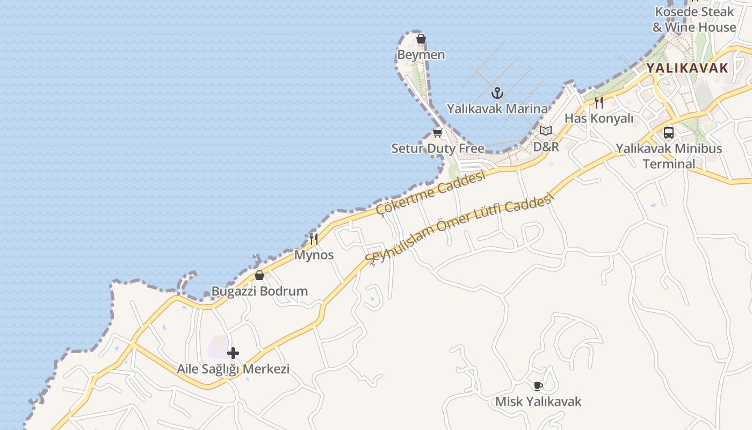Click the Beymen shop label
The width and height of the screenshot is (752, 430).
pos(421,55)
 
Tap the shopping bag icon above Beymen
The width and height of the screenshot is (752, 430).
pos(421,39)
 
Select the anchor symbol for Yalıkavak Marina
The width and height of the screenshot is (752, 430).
pos(497,93)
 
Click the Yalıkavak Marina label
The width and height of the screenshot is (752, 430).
pos(497,109)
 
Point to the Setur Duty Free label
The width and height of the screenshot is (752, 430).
pos(438,148)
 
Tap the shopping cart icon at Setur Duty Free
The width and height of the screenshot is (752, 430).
pos(437,133)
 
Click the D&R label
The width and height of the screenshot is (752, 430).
pos(546,146)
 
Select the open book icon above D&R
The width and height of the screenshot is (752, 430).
pos(546,131)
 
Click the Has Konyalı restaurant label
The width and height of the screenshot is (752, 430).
pos(599,118)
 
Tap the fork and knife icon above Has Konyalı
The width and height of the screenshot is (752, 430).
pos(599,102)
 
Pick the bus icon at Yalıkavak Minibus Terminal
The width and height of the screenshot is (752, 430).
pos(669,132)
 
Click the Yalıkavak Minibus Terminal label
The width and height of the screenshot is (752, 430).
pos(669,156)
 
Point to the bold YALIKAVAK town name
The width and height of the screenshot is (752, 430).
pos(687,68)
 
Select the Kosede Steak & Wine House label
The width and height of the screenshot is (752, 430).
pos(694,19)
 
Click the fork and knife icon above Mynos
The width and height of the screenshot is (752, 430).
pos(314,239)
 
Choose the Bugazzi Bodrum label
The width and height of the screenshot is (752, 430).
pos(259,291)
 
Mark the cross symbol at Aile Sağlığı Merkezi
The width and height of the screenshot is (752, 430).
pos(233,353)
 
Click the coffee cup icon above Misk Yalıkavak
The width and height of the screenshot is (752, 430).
pos(538,386)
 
